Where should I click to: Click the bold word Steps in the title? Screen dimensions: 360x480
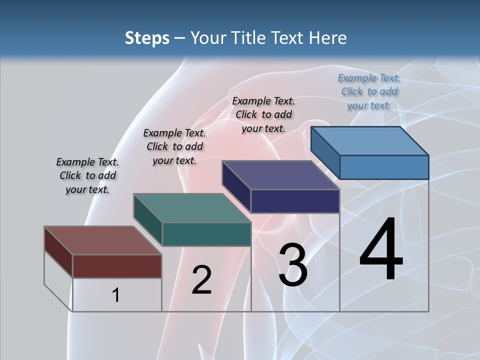click(147, 38)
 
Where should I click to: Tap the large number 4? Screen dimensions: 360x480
click(381, 249)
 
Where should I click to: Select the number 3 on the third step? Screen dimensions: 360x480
click(293, 265)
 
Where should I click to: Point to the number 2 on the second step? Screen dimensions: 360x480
click(201, 280)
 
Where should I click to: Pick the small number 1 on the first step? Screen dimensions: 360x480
click(115, 295)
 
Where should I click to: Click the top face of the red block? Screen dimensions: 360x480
click(102, 240)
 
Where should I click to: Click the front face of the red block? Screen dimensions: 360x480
click(117, 266)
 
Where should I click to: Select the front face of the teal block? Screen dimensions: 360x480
click(206, 234)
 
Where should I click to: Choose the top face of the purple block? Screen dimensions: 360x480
click(280, 175)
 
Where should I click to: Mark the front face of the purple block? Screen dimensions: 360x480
click(295, 201)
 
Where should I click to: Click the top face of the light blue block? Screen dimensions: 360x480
click(369, 141)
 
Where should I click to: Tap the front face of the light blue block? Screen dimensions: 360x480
click(384, 167)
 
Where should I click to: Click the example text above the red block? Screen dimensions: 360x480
click(87, 175)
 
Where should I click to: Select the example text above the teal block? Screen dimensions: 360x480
click(174, 146)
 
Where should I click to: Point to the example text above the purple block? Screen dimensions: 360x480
click(263, 114)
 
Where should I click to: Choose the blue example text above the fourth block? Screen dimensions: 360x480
click(369, 91)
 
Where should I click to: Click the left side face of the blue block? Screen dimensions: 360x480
click(325, 152)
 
